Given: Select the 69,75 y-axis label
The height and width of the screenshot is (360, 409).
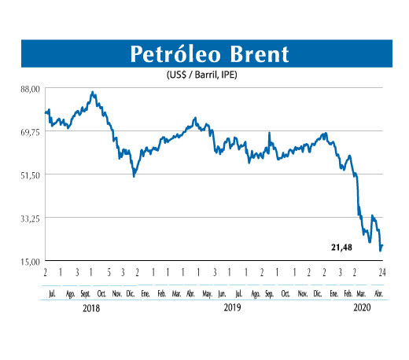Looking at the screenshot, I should coord(30,131).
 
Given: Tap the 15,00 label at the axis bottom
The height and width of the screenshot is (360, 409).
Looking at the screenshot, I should coord(30,261).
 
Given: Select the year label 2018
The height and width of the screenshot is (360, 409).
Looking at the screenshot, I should coord(91,309).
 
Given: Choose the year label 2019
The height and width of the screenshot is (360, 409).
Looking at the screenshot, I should coord(231,309).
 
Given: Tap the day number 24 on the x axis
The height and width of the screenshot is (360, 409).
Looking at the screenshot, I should coord(381,273).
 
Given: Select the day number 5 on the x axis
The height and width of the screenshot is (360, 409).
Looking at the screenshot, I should coord(109,273).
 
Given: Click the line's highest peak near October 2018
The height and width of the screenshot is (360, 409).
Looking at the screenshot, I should coord(93,92).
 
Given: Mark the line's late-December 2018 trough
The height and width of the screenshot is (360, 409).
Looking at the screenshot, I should coord(134,176).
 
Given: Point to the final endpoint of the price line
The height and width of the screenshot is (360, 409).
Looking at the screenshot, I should coord(383,246).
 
